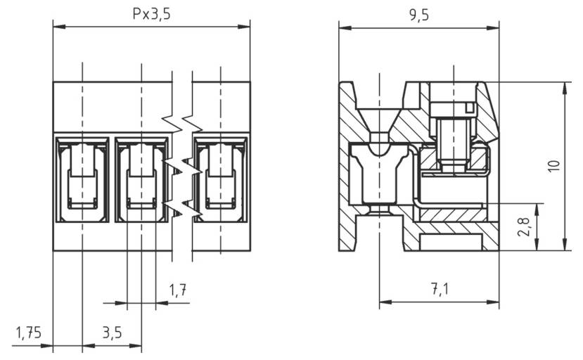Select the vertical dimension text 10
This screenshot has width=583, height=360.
tap(554, 166)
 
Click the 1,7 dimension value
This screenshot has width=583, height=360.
tap(179, 290)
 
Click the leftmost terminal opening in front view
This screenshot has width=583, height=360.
tap(82, 180)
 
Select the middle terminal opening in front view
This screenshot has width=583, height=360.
tap(141, 180)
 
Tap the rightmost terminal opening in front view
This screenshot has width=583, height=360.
tap(221, 180)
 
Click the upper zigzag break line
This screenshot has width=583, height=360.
tap(181, 123)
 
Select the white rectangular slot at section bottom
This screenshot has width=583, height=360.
tap(450, 243)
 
